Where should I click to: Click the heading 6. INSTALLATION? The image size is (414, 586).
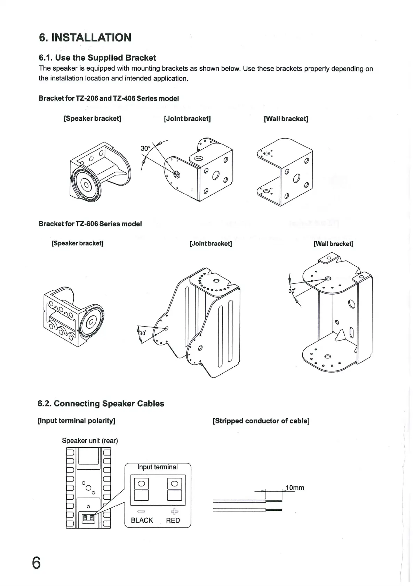[85, 38]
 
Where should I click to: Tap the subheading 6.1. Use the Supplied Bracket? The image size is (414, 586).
[97, 58]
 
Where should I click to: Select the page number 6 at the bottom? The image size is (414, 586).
[36, 563]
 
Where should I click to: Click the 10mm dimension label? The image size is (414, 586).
[295, 487]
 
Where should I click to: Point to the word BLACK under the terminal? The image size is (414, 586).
[142, 520]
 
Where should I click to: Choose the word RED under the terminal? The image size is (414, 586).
[173, 520]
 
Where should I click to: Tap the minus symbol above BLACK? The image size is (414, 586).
[141, 511]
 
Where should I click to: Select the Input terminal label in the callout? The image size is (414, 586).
[157, 467]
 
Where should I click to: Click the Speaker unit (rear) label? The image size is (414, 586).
[90, 440]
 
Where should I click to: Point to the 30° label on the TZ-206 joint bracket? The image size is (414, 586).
[145, 149]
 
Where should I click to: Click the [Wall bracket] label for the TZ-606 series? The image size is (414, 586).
[333, 244]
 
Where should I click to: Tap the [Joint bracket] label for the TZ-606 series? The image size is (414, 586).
[210, 243]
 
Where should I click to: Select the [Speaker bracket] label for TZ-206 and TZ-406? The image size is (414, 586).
[92, 118]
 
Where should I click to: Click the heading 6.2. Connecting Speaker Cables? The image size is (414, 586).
[101, 404]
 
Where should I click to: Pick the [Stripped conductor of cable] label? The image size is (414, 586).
[261, 421]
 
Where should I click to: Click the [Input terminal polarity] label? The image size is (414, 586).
[76, 421]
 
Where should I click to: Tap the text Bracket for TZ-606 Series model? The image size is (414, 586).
[90, 224]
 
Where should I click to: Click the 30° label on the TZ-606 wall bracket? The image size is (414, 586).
[292, 291]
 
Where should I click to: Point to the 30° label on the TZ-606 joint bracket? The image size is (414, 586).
[143, 333]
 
